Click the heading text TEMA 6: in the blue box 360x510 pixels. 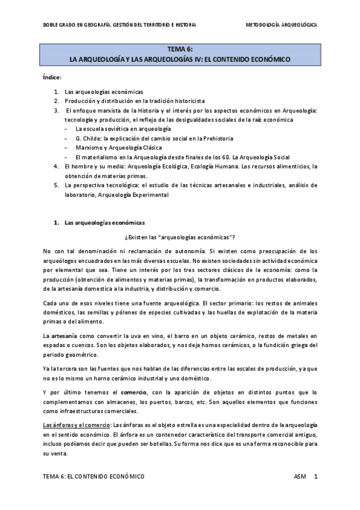pos(180,50)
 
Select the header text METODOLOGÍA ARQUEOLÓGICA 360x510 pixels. pos(282,25)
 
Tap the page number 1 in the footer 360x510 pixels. pos(316,476)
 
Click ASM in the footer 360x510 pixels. pos(300,476)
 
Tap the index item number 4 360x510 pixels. pos(56,165)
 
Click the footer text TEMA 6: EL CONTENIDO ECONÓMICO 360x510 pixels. pos(94,476)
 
